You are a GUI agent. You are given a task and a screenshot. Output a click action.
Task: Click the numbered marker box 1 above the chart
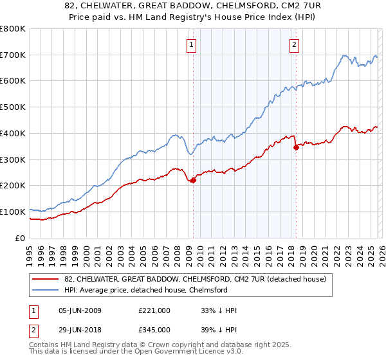coord(192,44)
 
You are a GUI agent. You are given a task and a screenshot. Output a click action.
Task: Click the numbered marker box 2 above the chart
coord(294,44)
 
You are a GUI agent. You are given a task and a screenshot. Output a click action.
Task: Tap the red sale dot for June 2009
coord(193,180)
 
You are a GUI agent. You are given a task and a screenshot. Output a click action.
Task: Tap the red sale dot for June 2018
coord(296,147)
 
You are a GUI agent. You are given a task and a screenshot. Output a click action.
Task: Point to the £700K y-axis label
coord(13,55)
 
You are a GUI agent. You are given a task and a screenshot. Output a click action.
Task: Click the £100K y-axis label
coord(13,212)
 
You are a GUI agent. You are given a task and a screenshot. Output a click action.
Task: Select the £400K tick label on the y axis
coord(13,133)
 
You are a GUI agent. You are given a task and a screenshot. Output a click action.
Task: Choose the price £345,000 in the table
coord(154,329)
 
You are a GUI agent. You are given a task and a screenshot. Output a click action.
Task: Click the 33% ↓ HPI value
coord(219,310)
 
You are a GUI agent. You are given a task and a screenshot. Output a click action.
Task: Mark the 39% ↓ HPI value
coord(219,329)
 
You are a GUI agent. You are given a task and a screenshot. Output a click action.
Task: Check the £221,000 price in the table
coord(154,310)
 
